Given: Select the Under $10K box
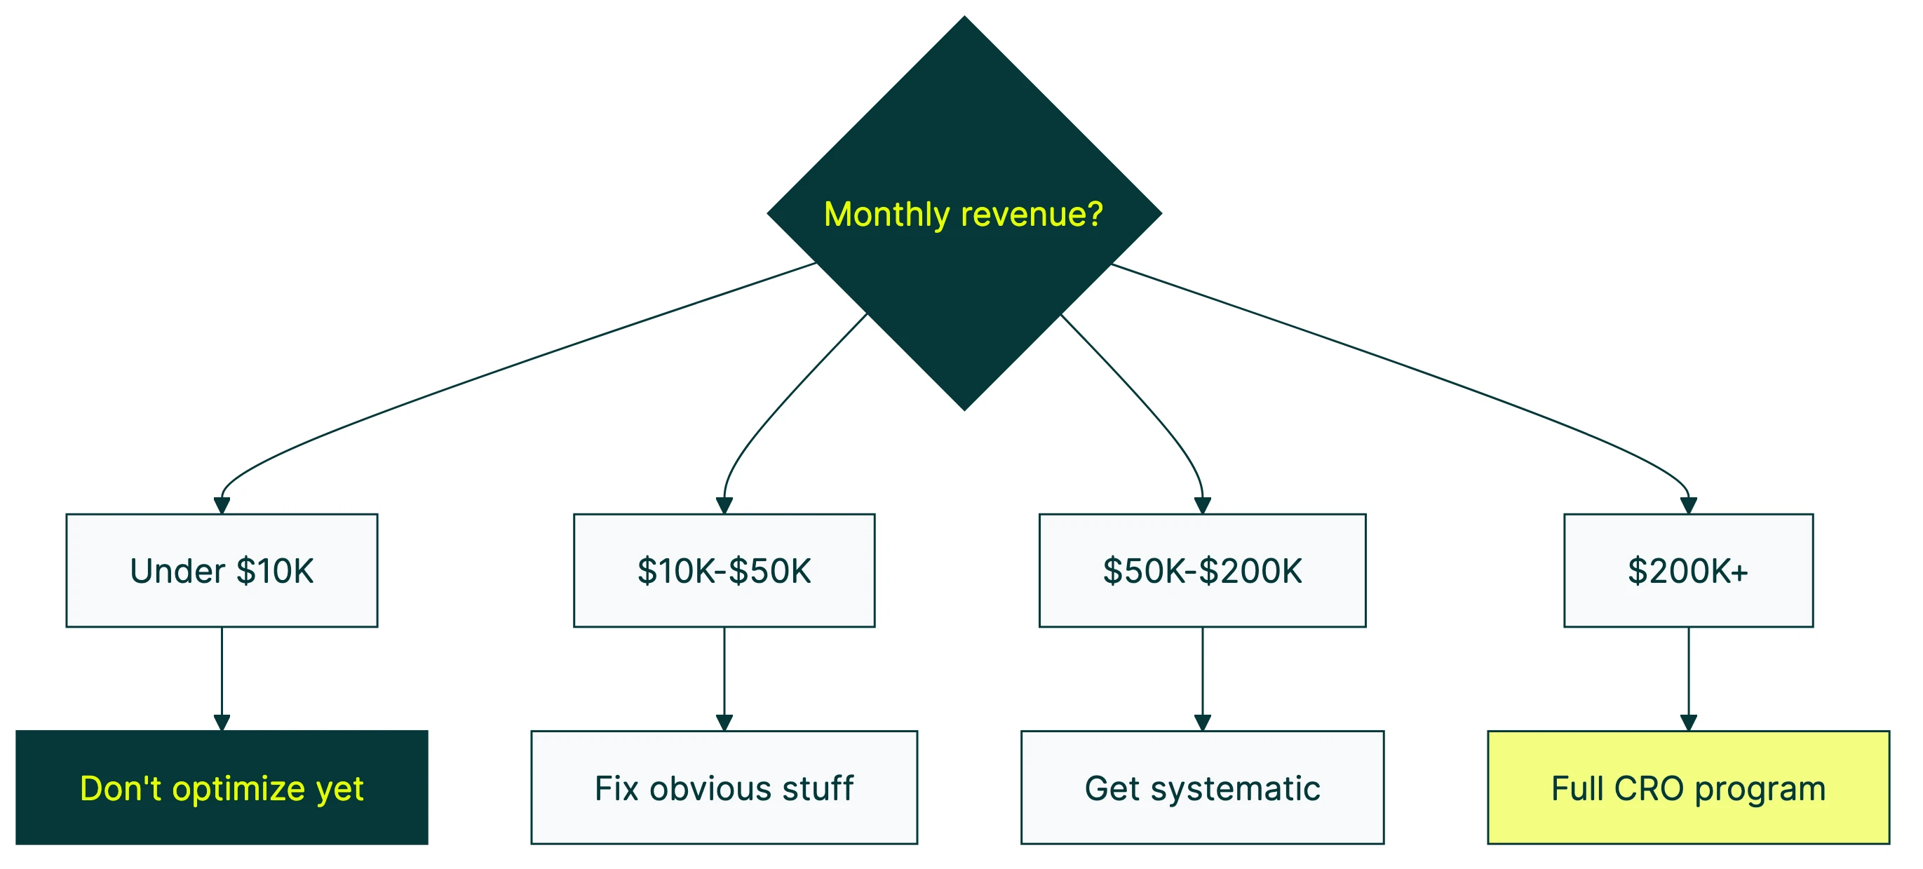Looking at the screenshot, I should point(222,570).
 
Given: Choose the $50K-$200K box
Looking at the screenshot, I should point(1202,570).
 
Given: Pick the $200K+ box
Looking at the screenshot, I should point(1688,570).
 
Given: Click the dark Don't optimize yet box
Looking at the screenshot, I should point(222,788).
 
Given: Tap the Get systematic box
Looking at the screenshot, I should point(1202,788).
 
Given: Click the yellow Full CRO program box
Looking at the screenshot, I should point(1688,788).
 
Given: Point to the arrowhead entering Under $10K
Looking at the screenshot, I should point(222,506).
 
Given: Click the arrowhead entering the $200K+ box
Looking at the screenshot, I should point(1689,506).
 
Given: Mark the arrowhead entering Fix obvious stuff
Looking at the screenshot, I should point(724,722).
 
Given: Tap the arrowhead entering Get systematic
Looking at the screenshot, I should point(1203,722).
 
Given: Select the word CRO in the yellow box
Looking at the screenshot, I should point(1648,788).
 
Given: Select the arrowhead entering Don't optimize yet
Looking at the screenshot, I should point(222,722).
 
